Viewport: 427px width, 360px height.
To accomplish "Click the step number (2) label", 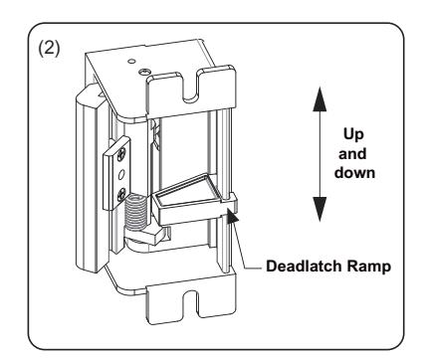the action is pos(49,49).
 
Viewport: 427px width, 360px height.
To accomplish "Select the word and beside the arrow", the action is pos(352,154).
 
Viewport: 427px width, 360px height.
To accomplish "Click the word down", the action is pos(354,173).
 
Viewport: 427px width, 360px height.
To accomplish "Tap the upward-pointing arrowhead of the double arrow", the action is pos(320,98).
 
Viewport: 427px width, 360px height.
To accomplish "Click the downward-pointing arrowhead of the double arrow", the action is pos(320,209).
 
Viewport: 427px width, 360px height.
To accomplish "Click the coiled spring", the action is pos(135,213).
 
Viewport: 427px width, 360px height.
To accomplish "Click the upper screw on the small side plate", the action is pos(121,153).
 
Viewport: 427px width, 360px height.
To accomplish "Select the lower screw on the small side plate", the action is pos(121,193).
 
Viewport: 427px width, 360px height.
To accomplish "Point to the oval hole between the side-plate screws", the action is pos(121,174).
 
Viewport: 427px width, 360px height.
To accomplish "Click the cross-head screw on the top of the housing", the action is pos(144,72).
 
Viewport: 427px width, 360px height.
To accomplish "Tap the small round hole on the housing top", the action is pos(131,61).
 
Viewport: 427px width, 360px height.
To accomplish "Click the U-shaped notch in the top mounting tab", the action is pos(190,87).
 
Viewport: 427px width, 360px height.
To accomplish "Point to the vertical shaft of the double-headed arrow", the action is pos(320,154).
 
